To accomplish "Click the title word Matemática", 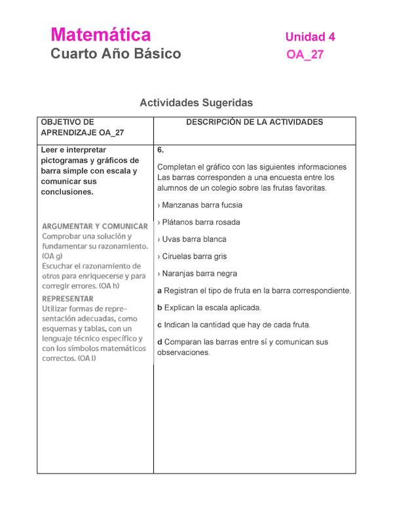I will point(101,35).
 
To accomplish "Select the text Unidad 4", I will point(310,37).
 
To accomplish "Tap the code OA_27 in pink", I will point(305,55).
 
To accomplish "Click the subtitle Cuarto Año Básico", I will point(116,54).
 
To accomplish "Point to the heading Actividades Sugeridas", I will point(196,103).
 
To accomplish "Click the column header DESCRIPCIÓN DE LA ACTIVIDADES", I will point(254,122).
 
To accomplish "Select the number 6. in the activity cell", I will point(161,150).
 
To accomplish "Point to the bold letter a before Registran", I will point(160,291).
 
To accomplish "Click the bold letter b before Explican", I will point(160,308).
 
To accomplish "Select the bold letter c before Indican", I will point(160,325).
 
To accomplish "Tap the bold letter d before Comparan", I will point(160,342).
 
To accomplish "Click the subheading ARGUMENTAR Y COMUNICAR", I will point(95,226).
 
